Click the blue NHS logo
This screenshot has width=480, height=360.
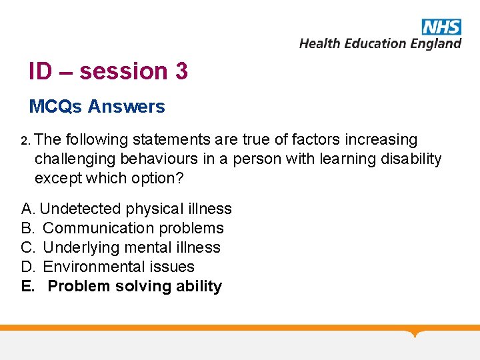pyautogui.click(x=441, y=27)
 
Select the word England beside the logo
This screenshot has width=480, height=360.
pyautogui.click(x=435, y=43)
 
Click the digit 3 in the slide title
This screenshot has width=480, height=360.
pyautogui.click(x=181, y=71)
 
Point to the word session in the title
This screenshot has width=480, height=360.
pyautogui.click(x=123, y=71)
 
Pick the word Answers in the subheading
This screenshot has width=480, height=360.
pyautogui.click(x=127, y=106)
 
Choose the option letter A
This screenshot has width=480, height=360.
pyautogui.click(x=27, y=209)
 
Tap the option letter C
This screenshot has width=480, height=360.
pyautogui.click(x=27, y=247)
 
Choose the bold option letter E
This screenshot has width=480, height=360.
pyautogui.click(x=27, y=286)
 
